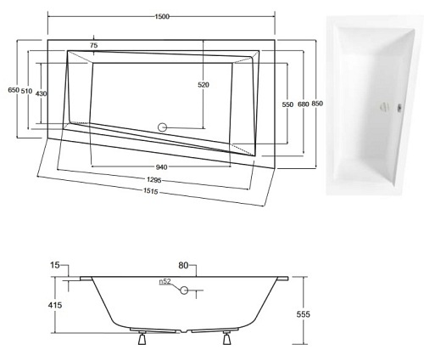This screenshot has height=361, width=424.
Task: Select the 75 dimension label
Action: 93,45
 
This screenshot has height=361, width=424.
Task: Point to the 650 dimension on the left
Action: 12,90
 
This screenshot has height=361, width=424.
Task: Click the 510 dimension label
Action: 27,90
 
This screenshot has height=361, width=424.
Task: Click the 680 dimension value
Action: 302,103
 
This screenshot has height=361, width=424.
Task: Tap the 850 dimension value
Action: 317,103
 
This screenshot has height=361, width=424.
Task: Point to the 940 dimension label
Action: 161,166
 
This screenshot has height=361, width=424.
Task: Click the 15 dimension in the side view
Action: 56,266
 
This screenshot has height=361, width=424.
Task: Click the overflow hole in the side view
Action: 181,289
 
